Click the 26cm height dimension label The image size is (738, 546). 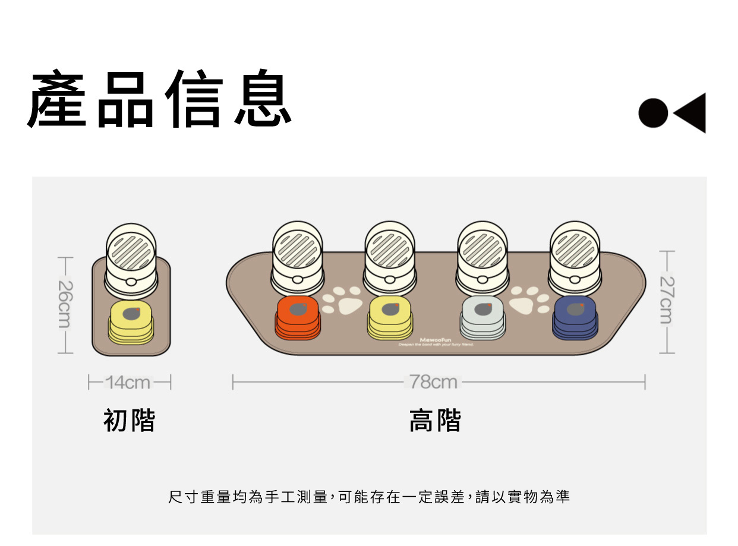click(x=64, y=304)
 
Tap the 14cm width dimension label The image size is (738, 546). click(x=128, y=383)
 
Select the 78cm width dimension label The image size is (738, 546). click(x=434, y=382)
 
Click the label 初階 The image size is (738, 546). click(x=129, y=420)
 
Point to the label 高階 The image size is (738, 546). click(x=435, y=421)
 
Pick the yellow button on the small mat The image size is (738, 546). click(x=131, y=321)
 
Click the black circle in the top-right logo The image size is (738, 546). click(x=653, y=113)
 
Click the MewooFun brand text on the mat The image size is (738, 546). click(x=436, y=340)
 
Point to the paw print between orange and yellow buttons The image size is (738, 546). click(x=344, y=301)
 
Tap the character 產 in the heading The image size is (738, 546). click(x=58, y=99)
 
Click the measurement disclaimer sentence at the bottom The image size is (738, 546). click(x=369, y=497)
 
